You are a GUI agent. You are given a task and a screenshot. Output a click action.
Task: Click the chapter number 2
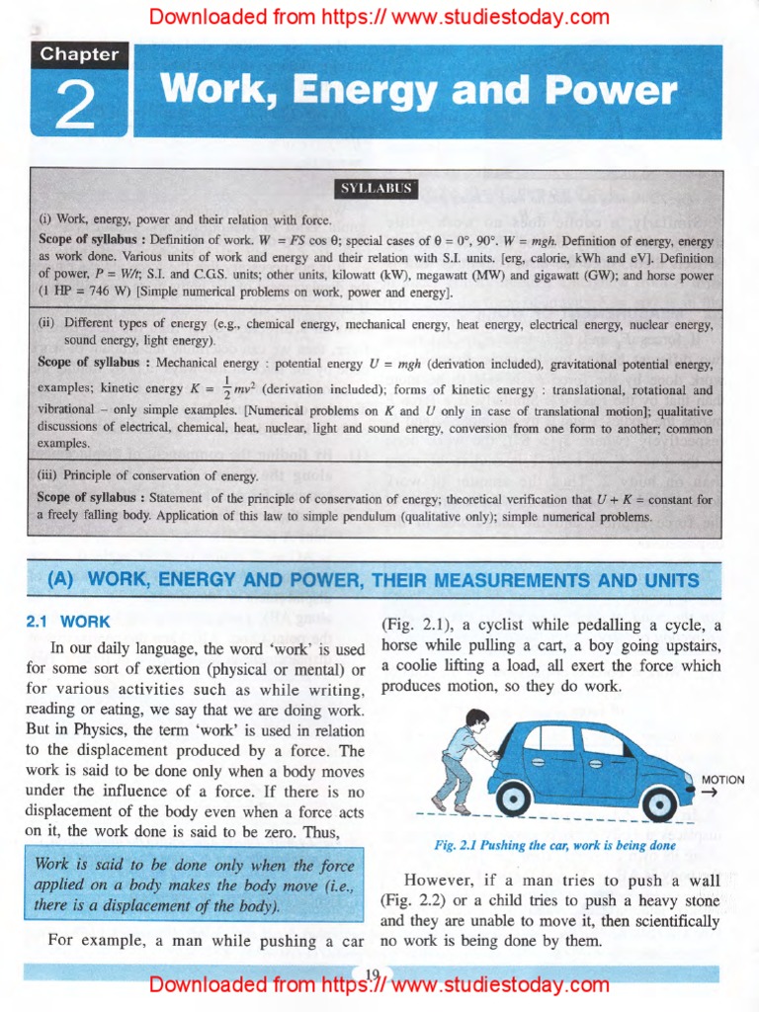click(75, 106)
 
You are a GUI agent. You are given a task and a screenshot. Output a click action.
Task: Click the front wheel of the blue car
click(658, 803)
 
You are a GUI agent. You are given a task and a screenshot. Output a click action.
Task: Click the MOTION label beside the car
click(722, 780)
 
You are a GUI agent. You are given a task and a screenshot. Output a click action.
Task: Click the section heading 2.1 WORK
click(67, 623)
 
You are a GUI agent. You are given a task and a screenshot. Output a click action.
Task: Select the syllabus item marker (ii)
click(47, 324)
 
